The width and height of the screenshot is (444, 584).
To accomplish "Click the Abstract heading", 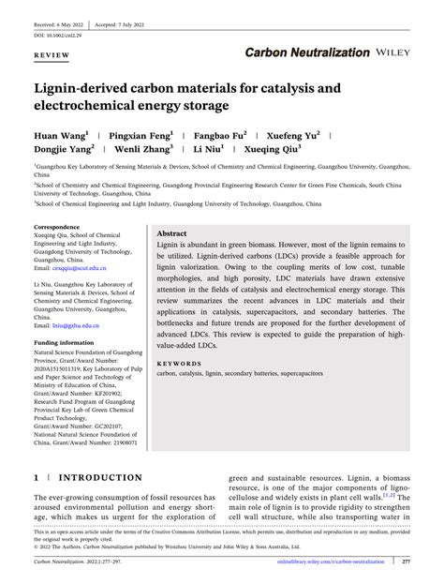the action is [172, 233].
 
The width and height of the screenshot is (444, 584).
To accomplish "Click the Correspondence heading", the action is [57, 228].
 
